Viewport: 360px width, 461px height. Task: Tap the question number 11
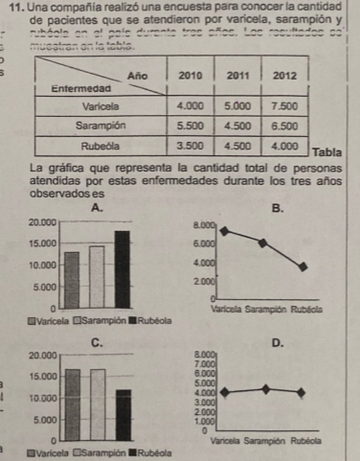pyautogui.click(x=14, y=8)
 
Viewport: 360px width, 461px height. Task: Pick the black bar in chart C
pyautogui.click(x=122, y=414)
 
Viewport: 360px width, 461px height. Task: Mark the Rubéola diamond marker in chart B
pyautogui.click(x=304, y=266)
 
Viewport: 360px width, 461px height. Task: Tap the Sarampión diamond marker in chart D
pyautogui.click(x=265, y=389)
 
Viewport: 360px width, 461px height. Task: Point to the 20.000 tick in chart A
pyautogui.click(x=38, y=222)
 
